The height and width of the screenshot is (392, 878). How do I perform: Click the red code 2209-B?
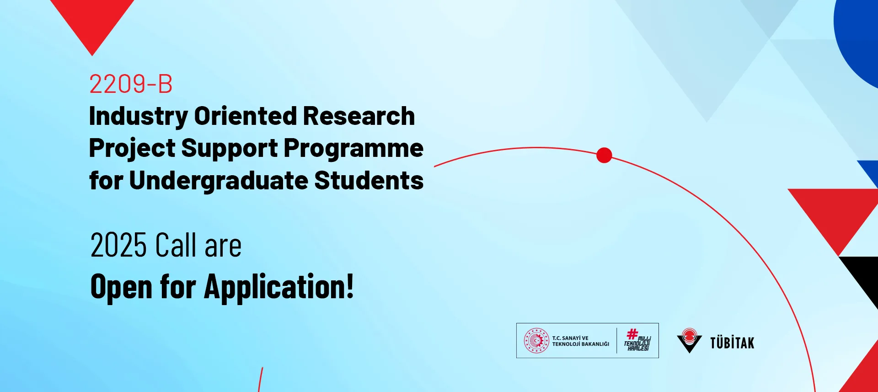click(x=131, y=84)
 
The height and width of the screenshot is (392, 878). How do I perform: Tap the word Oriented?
click(x=246, y=116)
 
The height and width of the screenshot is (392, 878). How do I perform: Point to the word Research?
click(x=359, y=116)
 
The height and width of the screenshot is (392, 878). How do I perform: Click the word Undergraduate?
click(x=219, y=181)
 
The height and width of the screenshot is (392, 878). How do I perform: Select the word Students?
click(x=369, y=180)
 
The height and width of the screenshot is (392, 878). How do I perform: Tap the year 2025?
click(x=118, y=245)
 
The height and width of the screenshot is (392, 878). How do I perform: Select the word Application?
click(x=279, y=287)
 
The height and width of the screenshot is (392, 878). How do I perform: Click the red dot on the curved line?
click(x=604, y=156)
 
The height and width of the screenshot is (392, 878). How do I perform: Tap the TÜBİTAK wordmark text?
click(x=732, y=343)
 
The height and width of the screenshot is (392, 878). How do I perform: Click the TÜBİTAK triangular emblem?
click(x=689, y=340)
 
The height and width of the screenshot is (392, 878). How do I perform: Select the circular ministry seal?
click(x=536, y=341)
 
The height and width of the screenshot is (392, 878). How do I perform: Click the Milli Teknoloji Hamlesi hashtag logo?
click(x=637, y=340)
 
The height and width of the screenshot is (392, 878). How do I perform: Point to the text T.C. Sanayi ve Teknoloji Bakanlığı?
click(x=581, y=341)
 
